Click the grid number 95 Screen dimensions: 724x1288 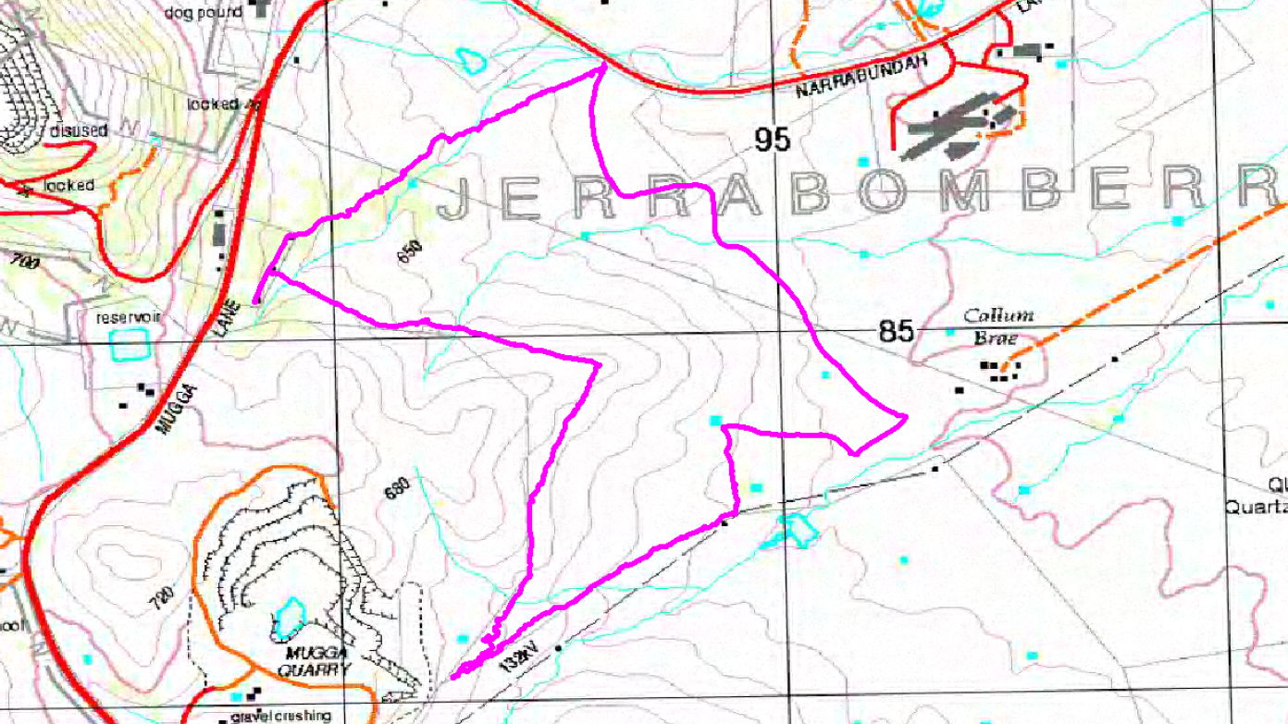(x=773, y=140)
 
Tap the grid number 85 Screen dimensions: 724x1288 (x=896, y=331)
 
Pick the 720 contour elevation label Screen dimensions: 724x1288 (x=163, y=601)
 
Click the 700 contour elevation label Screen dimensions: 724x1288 (x=26, y=264)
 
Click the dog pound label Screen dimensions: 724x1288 (x=203, y=12)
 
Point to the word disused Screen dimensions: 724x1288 (x=80, y=129)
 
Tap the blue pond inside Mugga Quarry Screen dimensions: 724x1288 (x=290, y=618)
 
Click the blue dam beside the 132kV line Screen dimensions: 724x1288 (x=794, y=529)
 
